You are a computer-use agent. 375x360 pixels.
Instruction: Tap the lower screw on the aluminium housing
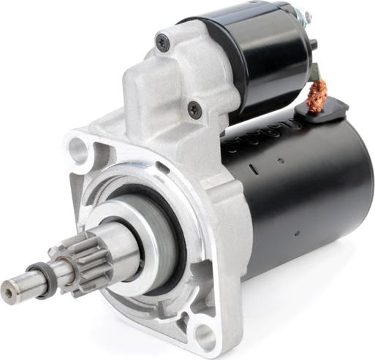194,110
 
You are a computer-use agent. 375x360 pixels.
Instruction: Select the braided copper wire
317,97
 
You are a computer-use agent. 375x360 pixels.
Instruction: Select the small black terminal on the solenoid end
314,45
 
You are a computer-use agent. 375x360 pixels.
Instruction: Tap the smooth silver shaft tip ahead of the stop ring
22,288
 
